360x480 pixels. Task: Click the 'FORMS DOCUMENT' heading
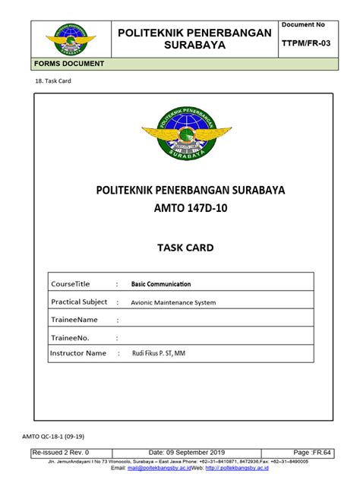tap(68, 64)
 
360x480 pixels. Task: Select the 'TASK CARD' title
tap(181, 248)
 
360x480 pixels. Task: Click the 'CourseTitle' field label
tap(71, 284)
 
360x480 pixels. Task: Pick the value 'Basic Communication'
tap(161, 284)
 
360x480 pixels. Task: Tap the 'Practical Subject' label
tap(79, 302)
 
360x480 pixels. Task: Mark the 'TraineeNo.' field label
tap(70, 337)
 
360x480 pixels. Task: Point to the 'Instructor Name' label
tap(78, 353)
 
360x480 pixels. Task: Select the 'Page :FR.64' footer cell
tap(313, 452)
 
